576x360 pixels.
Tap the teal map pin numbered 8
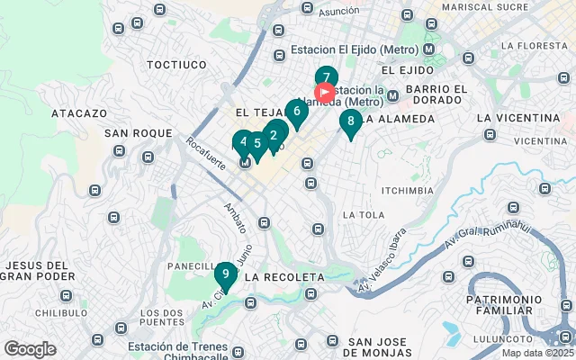[350, 121]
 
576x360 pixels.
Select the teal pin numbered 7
[326, 77]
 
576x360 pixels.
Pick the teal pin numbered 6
[296, 112]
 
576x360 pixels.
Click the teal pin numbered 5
[256, 143]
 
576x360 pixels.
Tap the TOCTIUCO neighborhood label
[176, 65]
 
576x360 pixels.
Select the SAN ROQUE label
[138, 133]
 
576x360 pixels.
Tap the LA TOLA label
[364, 214]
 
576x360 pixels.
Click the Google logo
[30, 349]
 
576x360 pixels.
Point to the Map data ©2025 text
[537, 353]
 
